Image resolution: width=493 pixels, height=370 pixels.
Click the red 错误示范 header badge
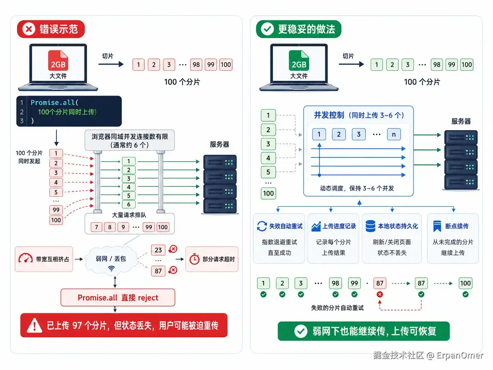coord(51,29)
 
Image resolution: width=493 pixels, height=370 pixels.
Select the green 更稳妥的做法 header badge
coord(299,29)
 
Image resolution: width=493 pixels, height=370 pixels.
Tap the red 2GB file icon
coord(58,60)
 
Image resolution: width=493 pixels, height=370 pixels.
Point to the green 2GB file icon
coord(299,60)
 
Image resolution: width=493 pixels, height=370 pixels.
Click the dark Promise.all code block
coord(69,111)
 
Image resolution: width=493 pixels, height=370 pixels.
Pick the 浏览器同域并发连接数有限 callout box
coord(130,140)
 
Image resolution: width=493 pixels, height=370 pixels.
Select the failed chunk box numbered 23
coord(158,250)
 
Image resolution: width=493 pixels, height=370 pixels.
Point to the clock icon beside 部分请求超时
coord(194,259)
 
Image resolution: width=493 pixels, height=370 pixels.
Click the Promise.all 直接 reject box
coord(118,297)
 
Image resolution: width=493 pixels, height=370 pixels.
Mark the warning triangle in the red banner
coord(34,325)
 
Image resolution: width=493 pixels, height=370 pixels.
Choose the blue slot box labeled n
coord(394,134)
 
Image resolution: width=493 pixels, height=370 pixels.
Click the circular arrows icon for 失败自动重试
coord(262,226)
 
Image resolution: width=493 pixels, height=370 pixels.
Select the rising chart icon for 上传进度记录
coord(316,227)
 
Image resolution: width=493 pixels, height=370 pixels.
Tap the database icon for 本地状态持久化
coord(370,226)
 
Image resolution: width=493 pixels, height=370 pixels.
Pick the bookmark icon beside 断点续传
coord(437,226)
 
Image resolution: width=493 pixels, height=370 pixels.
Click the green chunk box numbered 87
coord(421,283)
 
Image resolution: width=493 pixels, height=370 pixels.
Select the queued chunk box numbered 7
coord(96,227)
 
